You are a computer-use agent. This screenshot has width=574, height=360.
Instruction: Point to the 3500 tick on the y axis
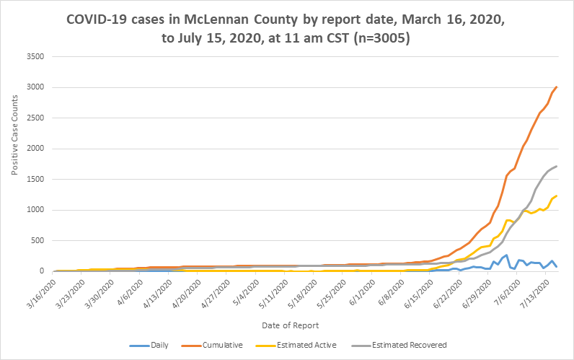pos(34,57)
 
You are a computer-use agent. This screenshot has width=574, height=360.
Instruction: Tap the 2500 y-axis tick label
pos(34,118)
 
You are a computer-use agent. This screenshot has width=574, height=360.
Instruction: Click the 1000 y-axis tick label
pos(34,210)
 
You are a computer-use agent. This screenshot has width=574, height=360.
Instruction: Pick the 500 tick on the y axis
pos(36,241)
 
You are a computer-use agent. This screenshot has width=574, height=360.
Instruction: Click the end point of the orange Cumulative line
pos(557,87)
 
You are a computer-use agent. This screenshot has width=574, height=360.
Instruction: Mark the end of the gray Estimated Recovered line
pos(557,166)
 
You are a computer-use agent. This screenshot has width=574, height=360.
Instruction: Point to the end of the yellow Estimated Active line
pos(557,196)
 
